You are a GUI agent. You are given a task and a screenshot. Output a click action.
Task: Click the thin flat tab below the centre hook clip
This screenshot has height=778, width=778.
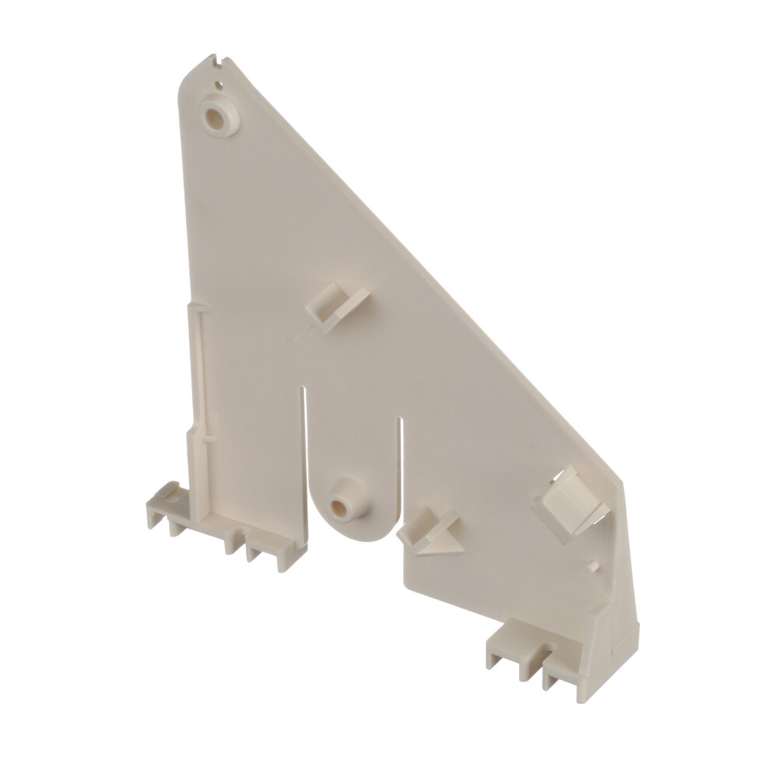click(299, 334)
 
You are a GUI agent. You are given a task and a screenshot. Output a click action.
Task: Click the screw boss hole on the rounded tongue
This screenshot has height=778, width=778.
click(341, 505)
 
